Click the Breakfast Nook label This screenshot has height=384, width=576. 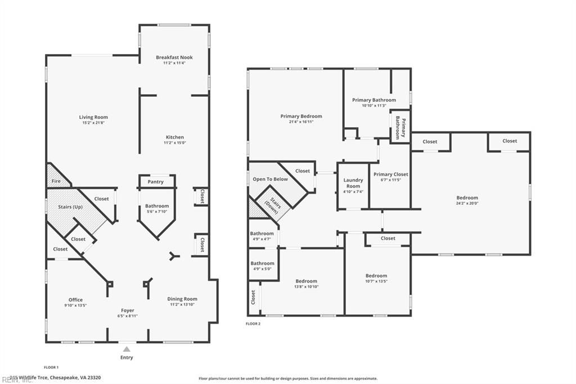(174, 57)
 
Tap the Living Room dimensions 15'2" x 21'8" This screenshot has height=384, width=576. (93, 123)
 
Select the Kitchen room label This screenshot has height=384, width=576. (174, 137)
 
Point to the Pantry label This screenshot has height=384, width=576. (156, 182)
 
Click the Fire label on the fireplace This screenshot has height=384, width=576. (56, 181)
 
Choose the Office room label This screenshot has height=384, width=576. (75, 300)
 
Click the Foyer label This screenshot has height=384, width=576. (128, 310)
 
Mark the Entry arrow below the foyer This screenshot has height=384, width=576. (127, 349)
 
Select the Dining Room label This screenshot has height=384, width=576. (182, 299)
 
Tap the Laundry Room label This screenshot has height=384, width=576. (353, 183)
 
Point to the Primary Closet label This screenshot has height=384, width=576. (390, 175)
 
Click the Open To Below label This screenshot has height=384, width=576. (270, 179)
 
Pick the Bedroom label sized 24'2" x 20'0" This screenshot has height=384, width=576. (467, 198)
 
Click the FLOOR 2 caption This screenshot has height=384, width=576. (253, 324)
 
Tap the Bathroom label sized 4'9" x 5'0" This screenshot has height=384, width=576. (262, 264)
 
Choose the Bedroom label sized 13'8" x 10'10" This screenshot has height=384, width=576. (307, 281)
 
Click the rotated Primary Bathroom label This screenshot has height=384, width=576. (400, 127)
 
